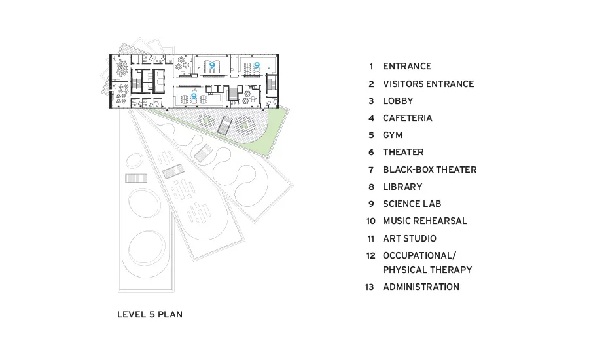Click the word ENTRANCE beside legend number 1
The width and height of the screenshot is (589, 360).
point(407,67)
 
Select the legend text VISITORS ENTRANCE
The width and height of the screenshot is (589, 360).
point(428,84)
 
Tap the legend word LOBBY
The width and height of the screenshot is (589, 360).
point(398,101)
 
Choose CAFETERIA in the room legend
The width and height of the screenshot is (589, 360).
point(408,118)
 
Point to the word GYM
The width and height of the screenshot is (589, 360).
point(393,135)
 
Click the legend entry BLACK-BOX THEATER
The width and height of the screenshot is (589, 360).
point(430,170)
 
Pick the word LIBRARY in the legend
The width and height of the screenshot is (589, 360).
point(402,187)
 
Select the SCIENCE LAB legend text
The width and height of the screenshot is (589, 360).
point(412,204)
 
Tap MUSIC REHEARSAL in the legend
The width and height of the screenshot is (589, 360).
point(425,221)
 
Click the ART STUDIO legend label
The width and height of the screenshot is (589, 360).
point(410,239)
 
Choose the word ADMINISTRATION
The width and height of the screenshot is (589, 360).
point(421,287)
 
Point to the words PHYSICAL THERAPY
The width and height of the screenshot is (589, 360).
point(427,270)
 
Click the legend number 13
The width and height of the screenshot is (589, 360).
point(370,287)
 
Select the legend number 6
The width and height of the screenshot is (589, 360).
point(371,153)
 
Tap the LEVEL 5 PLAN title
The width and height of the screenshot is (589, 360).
point(150,315)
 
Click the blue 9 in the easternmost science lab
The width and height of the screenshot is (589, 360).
point(257,65)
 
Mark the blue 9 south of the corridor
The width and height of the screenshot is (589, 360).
point(194,96)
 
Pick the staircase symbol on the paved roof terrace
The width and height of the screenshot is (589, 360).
point(224,125)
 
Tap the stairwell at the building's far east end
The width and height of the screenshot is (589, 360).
point(271,84)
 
